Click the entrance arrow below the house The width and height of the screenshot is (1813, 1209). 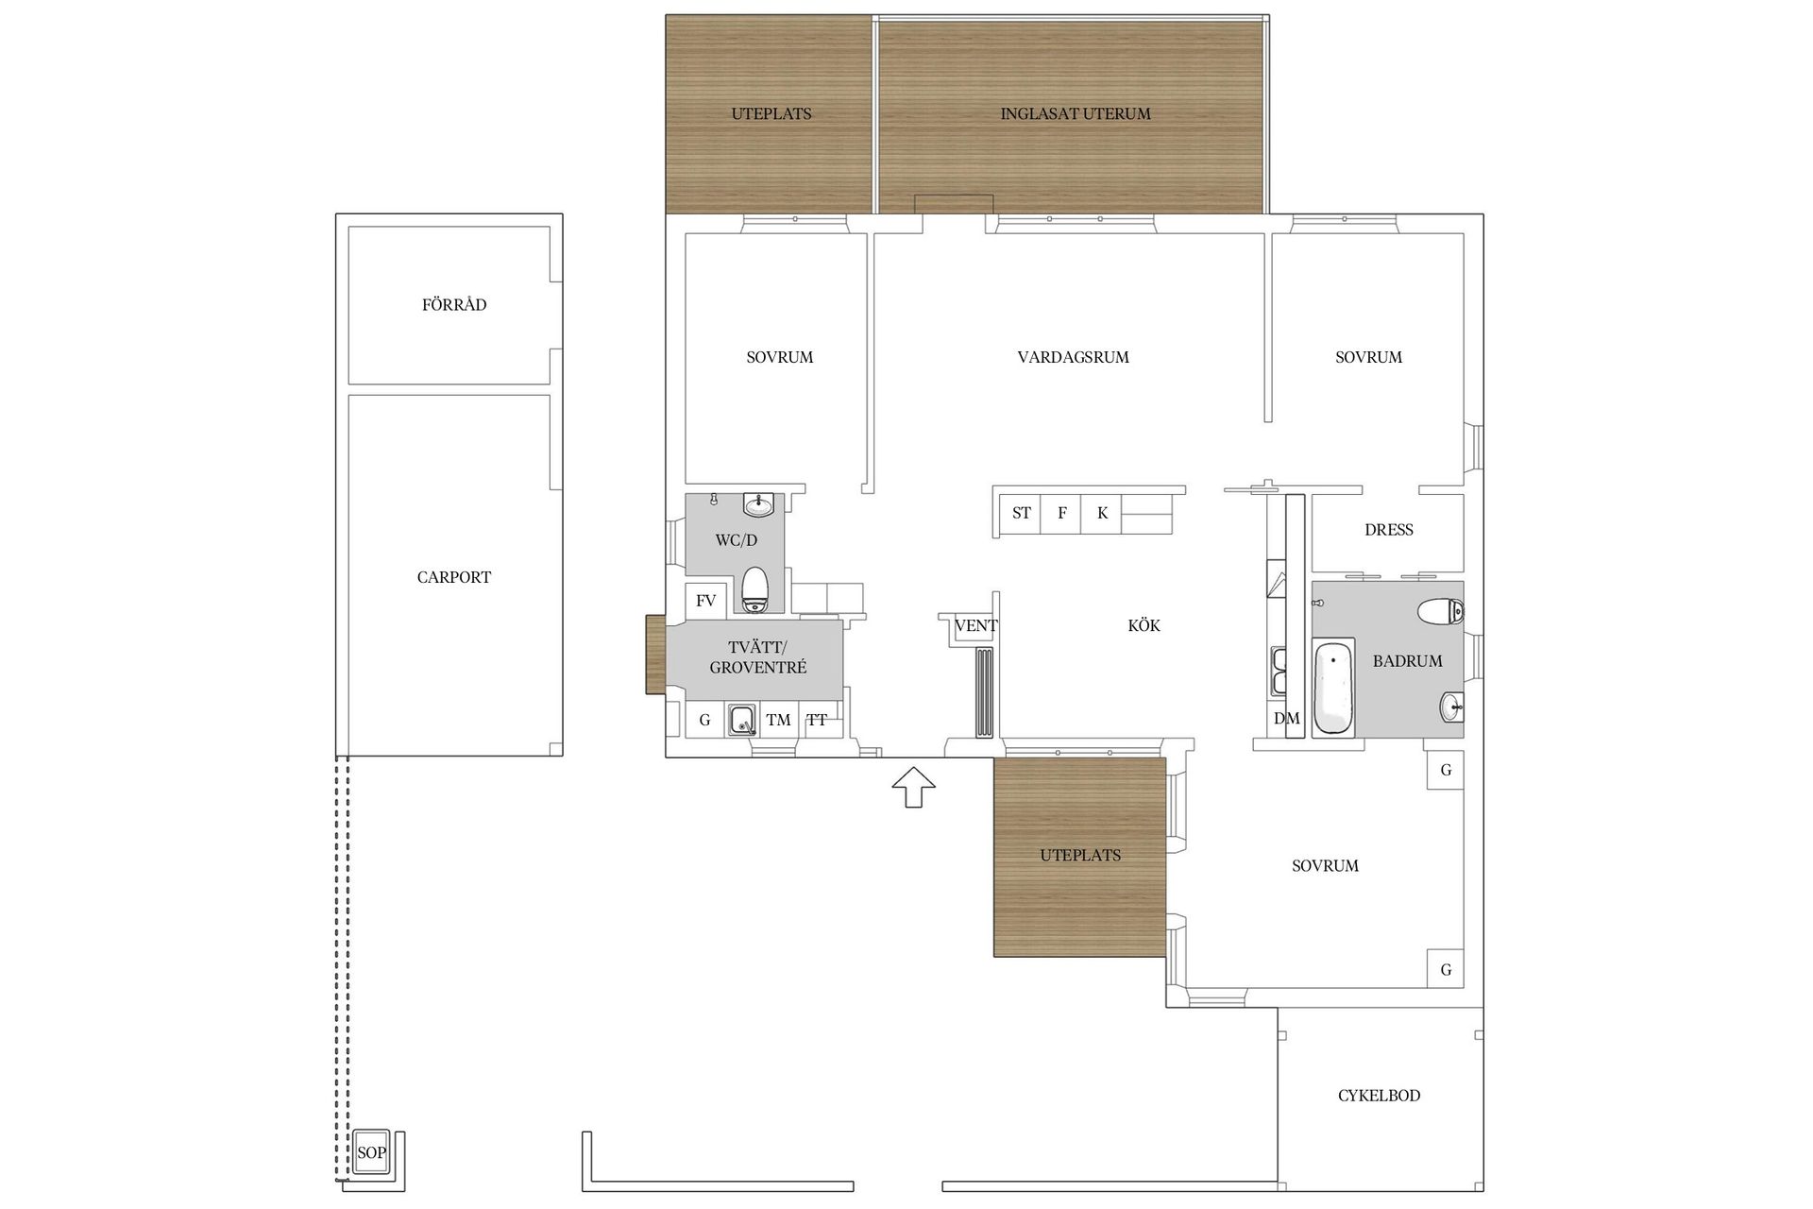pos(913,787)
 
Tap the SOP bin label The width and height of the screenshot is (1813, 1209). pos(371,1152)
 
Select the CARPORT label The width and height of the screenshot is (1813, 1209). pos(454,577)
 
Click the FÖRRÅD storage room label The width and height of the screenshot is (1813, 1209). pos(454,304)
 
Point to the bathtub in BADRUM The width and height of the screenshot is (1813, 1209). pos(1333,688)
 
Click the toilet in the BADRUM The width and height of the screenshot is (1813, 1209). pos(1440,612)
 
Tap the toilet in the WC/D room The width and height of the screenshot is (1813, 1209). pos(755,589)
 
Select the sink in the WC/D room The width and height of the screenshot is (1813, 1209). pos(758,505)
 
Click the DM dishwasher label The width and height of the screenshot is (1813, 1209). pos(1286,719)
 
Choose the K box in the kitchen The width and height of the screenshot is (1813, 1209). pos(1102,513)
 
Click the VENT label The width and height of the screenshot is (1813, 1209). pos(975,625)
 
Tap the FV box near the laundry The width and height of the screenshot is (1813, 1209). pos(705,601)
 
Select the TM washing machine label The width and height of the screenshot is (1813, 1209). pos(778,720)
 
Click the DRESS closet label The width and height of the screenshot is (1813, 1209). pos(1388,530)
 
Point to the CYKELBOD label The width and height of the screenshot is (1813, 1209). pos(1379,1096)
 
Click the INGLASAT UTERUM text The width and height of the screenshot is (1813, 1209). pos(1076,113)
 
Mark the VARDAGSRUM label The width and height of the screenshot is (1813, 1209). pos(1073,357)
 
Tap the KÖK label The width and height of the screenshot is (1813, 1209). pos(1144,625)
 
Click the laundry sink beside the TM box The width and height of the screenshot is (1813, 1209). pos(743,720)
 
